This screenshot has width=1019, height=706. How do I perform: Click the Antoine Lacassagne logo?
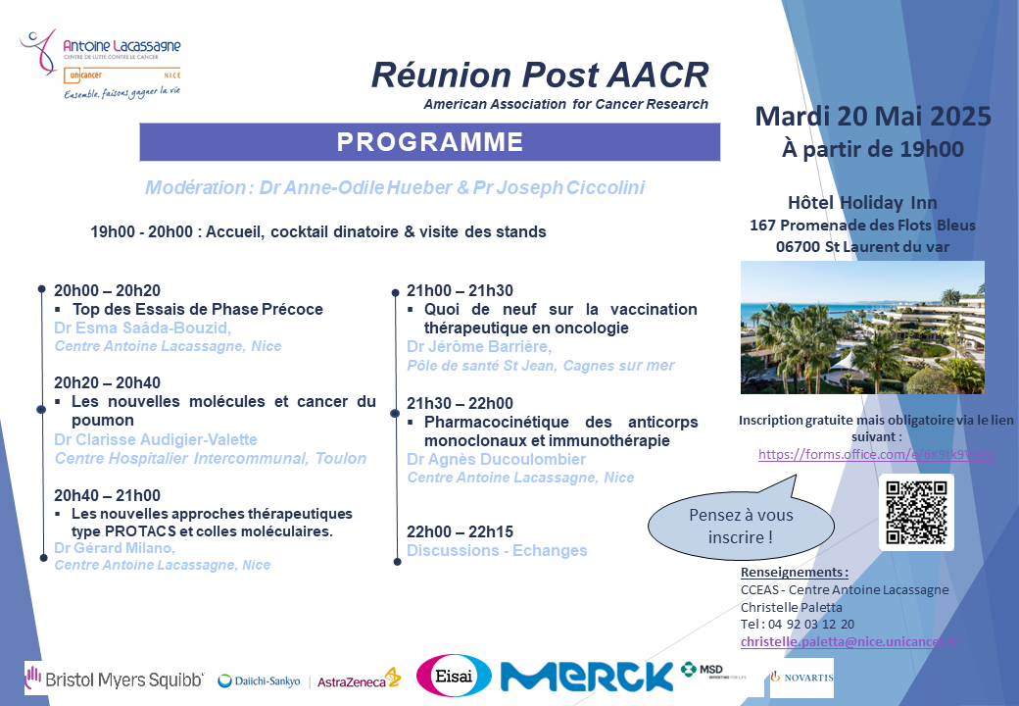click(x=101, y=65)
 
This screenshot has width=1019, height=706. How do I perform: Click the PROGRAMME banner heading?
click(x=429, y=142)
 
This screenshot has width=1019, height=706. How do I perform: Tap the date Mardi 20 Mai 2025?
click(x=872, y=117)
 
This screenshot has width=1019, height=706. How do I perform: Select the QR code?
click(x=915, y=513)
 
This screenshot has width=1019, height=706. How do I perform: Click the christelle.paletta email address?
click(x=849, y=641)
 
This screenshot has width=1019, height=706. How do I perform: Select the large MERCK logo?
click(x=586, y=676)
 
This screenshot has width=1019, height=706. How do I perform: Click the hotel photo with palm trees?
click(x=862, y=328)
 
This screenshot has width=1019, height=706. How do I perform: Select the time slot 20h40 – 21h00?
click(x=108, y=495)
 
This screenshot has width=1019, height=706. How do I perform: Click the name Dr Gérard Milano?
click(x=115, y=548)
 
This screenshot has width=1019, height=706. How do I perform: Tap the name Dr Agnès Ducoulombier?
click(x=496, y=460)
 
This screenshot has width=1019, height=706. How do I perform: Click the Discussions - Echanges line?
click(x=497, y=550)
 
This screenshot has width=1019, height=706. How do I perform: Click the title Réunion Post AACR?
click(x=539, y=76)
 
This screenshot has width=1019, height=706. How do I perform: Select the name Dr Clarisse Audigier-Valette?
click(x=156, y=439)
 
